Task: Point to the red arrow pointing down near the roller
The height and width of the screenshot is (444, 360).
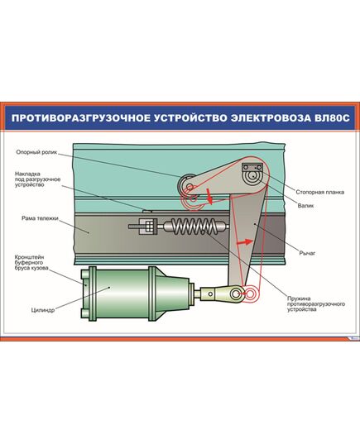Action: [x=209, y=196]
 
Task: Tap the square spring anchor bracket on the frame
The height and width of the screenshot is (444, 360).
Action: [x=139, y=224]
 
